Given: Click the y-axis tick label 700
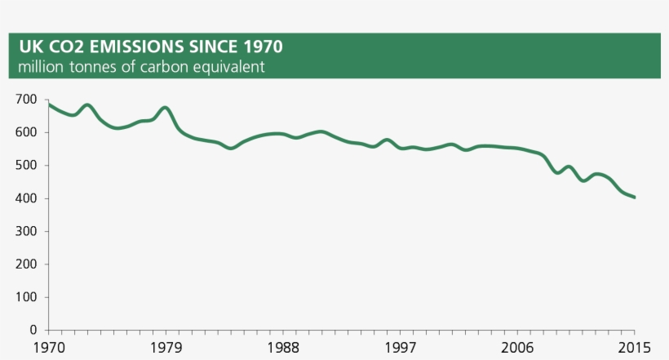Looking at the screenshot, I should pyautogui.click(x=26, y=100).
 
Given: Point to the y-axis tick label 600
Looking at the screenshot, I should pyautogui.click(x=26, y=132).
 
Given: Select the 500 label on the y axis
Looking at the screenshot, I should pyautogui.click(x=26, y=166).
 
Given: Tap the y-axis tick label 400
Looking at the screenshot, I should pyautogui.click(x=26, y=198).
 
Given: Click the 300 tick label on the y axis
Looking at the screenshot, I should pyautogui.click(x=26, y=232).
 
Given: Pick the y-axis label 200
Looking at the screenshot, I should pyautogui.click(x=26, y=264).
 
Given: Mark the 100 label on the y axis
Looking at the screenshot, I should pyautogui.click(x=26, y=297).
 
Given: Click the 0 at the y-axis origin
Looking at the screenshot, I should pyautogui.click(x=33, y=331).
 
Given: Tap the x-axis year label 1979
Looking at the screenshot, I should pyautogui.click(x=166, y=348).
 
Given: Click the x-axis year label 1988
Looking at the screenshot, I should pyautogui.click(x=283, y=348).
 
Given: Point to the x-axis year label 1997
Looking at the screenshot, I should pyautogui.click(x=400, y=348).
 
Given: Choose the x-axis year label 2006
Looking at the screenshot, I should pyautogui.click(x=517, y=348).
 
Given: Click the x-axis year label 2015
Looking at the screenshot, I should pyautogui.click(x=634, y=348).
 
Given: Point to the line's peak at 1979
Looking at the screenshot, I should pyautogui.click(x=166, y=108).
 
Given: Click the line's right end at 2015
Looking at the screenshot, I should pyautogui.click(x=634, y=197).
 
